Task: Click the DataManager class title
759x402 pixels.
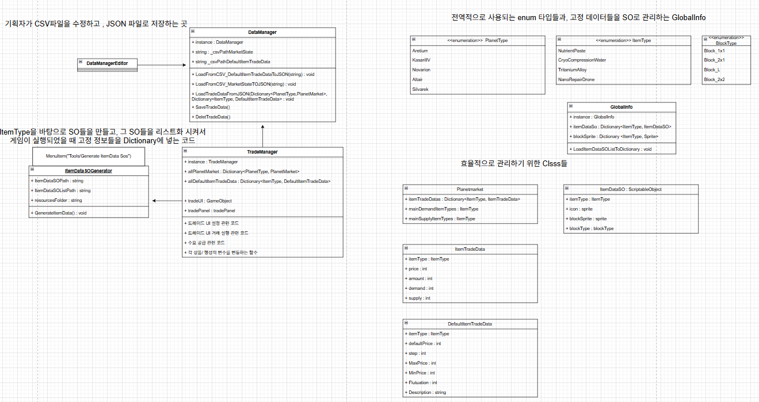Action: (x=262, y=32)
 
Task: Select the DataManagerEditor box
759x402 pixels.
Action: (x=107, y=63)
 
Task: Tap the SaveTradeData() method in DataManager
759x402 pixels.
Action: (x=212, y=108)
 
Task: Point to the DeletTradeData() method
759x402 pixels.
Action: (x=213, y=117)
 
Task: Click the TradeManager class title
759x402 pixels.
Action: (x=262, y=152)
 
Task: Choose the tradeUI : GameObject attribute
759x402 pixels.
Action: (x=210, y=201)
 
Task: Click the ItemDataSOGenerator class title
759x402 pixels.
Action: (x=89, y=171)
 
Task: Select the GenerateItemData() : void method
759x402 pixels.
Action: (x=60, y=213)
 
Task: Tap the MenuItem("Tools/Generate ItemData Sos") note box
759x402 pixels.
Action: (x=88, y=156)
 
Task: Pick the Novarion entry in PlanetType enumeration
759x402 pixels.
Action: (x=421, y=70)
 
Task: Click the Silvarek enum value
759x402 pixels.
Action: (x=421, y=89)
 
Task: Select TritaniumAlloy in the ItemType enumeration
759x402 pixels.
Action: (x=572, y=70)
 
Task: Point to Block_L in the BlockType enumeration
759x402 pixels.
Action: (x=712, y=70)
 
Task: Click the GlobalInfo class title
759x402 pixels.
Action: (x=621, y=107)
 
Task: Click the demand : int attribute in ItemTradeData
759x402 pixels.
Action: (x=421, y=288)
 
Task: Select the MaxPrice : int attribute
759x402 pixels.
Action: (x=422, y=363)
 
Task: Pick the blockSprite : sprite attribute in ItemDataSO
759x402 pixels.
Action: (x=588, y=219)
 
